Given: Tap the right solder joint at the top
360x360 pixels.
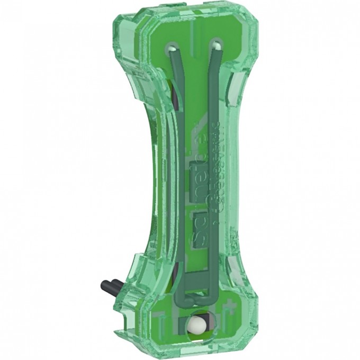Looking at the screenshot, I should coord(215,48).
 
